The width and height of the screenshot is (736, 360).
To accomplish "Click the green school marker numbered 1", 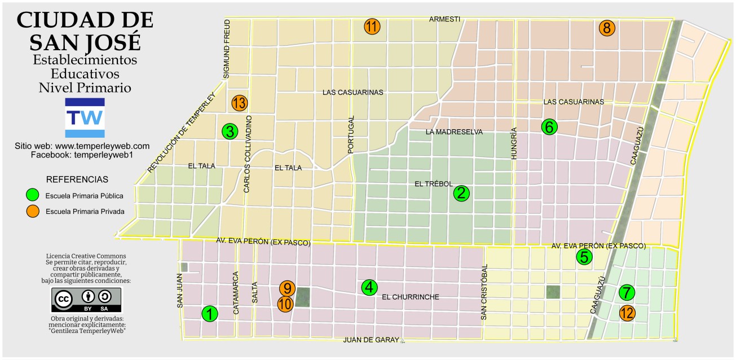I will [210, 314].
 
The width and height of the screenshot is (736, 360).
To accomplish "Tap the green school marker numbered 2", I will [461, 194].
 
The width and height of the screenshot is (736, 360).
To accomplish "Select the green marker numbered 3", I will [229, 131].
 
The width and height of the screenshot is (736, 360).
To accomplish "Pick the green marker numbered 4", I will [369, 287].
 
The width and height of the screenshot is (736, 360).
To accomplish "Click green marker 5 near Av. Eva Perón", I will [584, 257].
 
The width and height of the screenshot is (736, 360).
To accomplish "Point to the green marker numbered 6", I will [549, 127].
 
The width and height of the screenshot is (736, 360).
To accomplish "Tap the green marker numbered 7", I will [627, 293].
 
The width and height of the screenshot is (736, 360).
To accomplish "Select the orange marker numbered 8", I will [607, 28].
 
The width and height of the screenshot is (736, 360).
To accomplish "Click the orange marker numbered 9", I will [287, 288].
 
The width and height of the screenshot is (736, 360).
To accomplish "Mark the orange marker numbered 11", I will [372, 27].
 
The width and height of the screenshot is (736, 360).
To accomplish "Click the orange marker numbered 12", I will [627, 313].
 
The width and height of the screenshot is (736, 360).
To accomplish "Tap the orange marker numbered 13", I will [239, 103].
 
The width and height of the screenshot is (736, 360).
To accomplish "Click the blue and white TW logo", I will [85, 117].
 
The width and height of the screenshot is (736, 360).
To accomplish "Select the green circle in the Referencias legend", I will [34, 196].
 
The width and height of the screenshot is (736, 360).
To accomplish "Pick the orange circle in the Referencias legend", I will [34, 212].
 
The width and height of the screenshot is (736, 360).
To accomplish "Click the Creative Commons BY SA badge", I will [86, 300].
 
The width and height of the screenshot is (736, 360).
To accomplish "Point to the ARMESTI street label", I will [444, 19].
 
